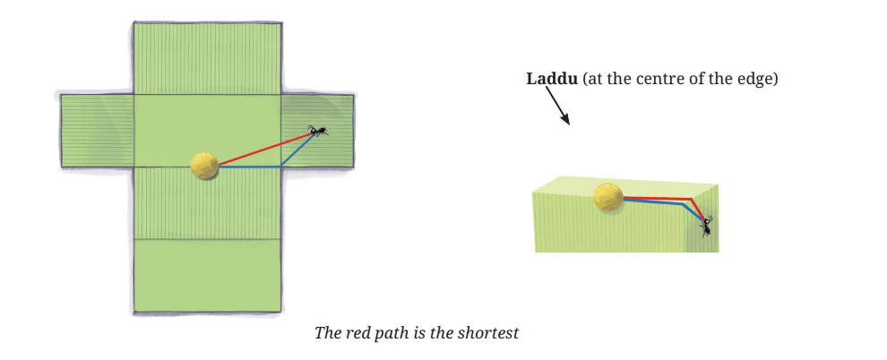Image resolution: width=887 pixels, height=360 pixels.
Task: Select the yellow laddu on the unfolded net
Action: click(x=204, y=166)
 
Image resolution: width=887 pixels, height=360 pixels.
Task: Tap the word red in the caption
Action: click(x=356, y=333)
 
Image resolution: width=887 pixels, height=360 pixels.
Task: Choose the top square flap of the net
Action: click(x=208, y=58)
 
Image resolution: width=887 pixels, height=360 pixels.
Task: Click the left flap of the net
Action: click(x=98, y=131)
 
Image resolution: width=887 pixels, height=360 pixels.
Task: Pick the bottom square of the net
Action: click(x=208, y=275)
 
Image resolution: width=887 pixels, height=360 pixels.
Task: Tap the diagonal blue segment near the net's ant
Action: click(x=297, y=150)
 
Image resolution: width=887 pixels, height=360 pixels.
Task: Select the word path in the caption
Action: click(x=386, y=333)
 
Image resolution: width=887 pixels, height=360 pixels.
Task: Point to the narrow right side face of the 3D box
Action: click(x=704, y=219)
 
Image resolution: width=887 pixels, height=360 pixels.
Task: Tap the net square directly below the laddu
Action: click(x=208, y=203)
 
